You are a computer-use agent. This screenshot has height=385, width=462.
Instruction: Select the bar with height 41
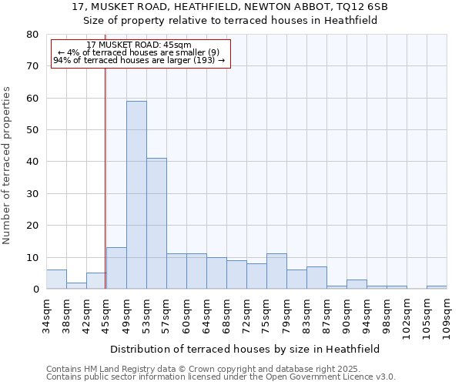[156, 223]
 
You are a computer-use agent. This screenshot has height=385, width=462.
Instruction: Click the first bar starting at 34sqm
[56, 280]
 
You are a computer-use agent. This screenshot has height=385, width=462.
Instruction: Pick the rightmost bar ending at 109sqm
[437, 287]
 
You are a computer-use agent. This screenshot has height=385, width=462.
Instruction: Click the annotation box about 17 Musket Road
[140, 53]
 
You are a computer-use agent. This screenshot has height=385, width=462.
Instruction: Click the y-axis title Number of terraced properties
[7, 165]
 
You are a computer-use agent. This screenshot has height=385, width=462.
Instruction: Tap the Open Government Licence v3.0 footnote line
[221, 377]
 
